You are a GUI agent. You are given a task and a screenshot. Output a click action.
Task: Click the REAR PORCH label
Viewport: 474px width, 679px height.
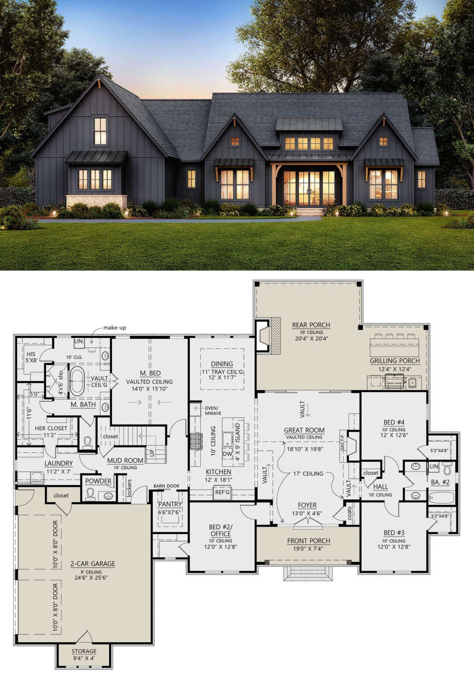tap(311, 325)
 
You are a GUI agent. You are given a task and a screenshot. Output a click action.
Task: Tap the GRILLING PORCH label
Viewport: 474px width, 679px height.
tap(395, 361)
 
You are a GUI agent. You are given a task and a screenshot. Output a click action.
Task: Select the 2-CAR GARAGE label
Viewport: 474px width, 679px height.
tap(93, 564)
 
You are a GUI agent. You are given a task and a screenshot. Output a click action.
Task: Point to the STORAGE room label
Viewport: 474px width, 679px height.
tap(84, 651)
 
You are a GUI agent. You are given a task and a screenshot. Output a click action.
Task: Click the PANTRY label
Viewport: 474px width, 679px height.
tap(170, 504)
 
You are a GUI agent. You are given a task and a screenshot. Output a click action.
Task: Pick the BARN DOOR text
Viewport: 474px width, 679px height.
tap(166, 486)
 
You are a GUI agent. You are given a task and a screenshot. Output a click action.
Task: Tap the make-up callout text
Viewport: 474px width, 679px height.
tap(115, 328)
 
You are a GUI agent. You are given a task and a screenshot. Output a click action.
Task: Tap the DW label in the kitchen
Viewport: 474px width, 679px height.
tap(227, 454)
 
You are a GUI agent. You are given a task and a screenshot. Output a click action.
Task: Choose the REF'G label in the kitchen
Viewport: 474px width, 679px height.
tap(222, 493)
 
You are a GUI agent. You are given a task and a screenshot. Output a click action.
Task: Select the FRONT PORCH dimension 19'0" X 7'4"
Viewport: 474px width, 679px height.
tap(308, 548)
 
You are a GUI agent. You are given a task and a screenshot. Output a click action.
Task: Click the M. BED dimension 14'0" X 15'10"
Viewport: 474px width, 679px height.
tap(150, 389)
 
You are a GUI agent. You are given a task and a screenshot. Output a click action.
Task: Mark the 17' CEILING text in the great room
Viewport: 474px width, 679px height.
tap(308, 474)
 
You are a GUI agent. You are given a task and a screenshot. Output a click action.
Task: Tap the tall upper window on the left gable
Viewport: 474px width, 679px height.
tap(100, 131)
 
